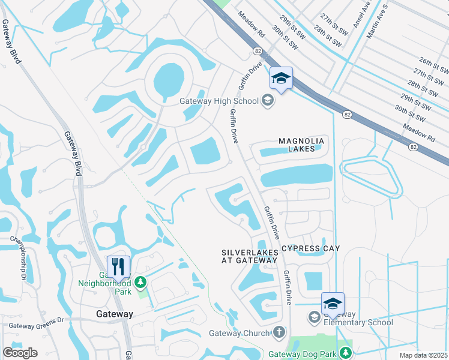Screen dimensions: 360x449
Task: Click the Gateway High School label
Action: pyautogui.click(x=219, y=101)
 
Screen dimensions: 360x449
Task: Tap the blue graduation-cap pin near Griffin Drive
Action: pyautogui.click(x=280, y=78)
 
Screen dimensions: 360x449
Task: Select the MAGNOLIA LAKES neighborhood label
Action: pyautogui.click(x=301, y=145)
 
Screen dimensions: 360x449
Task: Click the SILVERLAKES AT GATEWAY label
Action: pyautogui.click(x=250, y=257)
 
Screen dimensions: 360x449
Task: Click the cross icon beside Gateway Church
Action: pyautogui.click(x=279, y=332)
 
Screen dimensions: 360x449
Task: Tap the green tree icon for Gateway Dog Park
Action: pyautogui.click(x=346, y=352)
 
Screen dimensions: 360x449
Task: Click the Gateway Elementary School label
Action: pyautogui.click(x=358, y=319)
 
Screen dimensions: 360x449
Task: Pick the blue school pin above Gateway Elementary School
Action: pyautogui.click(x=333, y=304)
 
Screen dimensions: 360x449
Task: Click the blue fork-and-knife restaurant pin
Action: pyautogui.click(x=118, y=266)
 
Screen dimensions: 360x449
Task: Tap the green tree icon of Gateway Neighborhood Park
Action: pyautogui.click(x=140, y=281)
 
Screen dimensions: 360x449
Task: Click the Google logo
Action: pyautogui.click(x=20, y=353)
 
